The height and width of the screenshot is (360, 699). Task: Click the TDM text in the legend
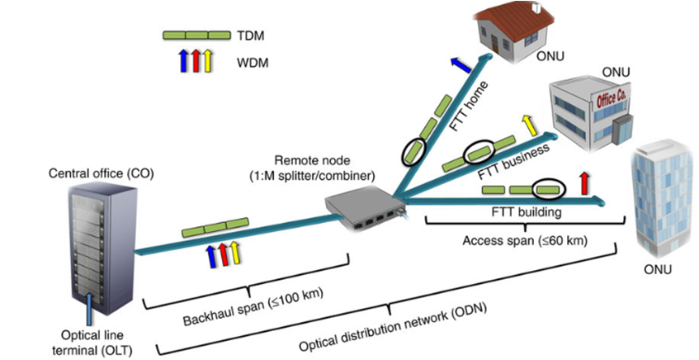click(252, 36)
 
